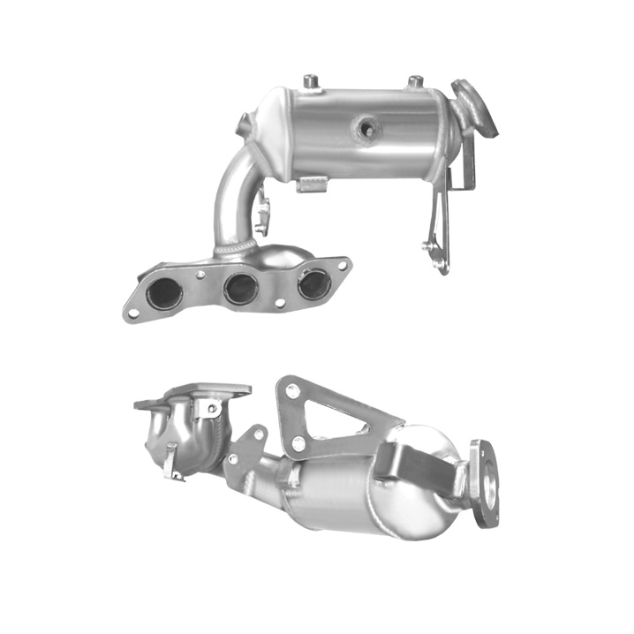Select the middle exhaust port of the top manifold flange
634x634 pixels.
tap(239, 288)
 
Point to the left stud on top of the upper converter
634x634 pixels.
tap(311, 82)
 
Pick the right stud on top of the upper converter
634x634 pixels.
tap(413, 82)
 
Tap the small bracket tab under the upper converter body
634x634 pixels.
tap(313, 184)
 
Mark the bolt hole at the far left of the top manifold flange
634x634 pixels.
tap(132, 310)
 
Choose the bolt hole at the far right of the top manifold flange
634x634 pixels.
tap(339, 262)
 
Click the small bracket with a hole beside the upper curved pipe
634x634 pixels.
tap(263, 215)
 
